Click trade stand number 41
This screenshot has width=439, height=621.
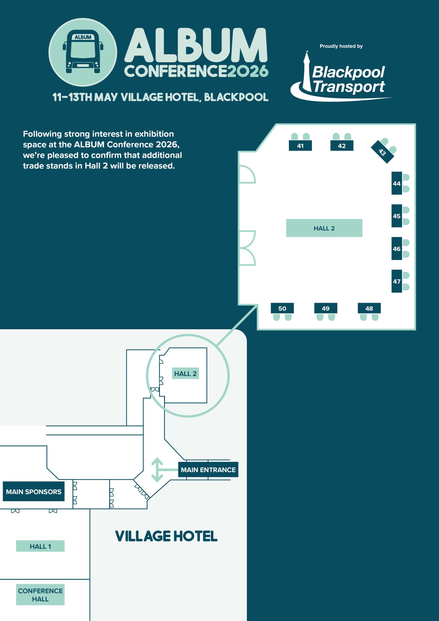pos(300,146)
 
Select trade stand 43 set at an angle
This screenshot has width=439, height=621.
pos(382,152)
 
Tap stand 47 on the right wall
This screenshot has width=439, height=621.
pos(397,281)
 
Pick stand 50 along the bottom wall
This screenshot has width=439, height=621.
pos(282,308)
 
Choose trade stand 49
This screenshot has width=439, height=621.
pos(326,308)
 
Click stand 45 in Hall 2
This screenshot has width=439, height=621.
pos(397,216)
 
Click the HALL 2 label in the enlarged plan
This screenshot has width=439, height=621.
pos(324,228)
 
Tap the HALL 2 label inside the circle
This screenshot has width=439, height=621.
pos(185,373)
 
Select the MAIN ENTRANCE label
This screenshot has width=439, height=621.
pos(208,470)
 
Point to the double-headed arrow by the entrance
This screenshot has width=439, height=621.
pos(157,470)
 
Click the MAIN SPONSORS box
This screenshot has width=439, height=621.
pos(33,491)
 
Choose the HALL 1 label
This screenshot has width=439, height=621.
pos(40,546)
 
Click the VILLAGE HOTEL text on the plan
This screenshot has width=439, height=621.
pos(166,536)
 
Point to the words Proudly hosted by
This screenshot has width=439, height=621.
pos(341,46)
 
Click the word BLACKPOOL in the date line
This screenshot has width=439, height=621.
pos(236,97)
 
